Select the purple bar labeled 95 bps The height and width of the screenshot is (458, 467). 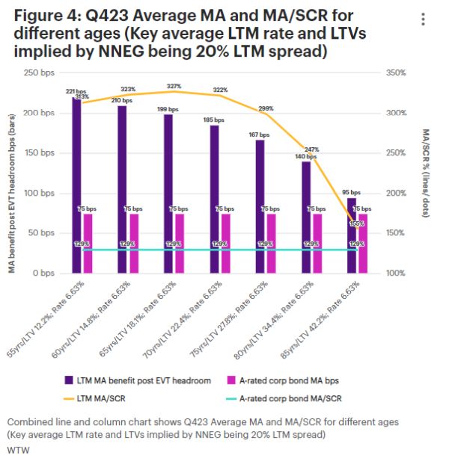(352, 235)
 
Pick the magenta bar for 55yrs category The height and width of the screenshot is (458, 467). (88, 244)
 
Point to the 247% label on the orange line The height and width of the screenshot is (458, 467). (311, 149)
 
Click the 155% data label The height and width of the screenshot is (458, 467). (357, 223)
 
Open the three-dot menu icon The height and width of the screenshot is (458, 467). (424, 19)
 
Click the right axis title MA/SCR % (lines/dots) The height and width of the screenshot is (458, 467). (425, 172)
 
